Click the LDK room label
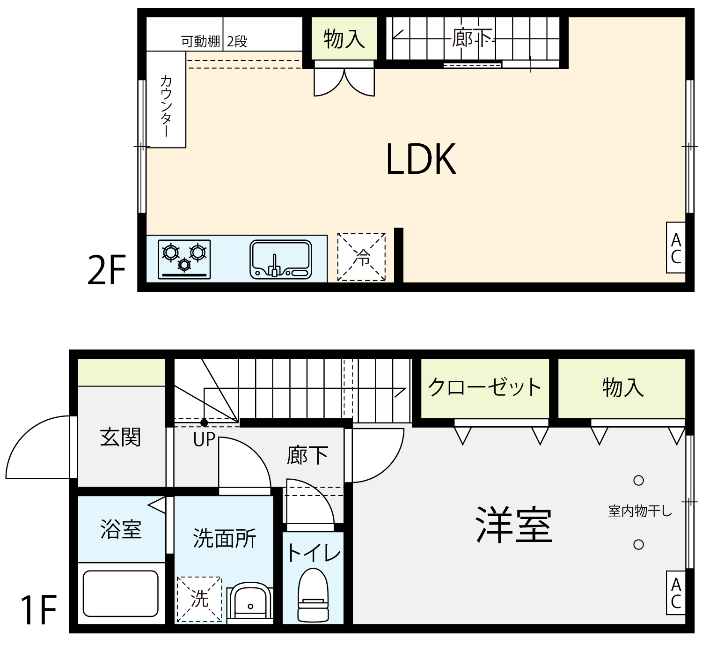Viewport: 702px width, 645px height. pos(421,159)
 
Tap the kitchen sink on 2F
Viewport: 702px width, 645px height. pos(281,259)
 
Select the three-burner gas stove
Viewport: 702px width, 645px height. pos(184,259)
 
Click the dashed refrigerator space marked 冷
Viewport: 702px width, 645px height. pos(361,257)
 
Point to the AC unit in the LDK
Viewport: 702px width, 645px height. pos(676,247)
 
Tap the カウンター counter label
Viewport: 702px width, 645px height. pos(166,106)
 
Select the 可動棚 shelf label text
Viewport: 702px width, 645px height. pos(200,42)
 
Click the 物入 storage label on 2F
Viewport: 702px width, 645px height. pos(344,38)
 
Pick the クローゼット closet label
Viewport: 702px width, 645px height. pos(485,387)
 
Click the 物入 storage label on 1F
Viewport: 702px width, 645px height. pos(623,387)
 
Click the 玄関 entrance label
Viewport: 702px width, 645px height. pos(120,437)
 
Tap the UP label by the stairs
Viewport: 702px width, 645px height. pos(204,440)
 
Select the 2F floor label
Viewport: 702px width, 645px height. pos(106,270)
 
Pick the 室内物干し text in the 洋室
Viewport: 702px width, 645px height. pos(640,511)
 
